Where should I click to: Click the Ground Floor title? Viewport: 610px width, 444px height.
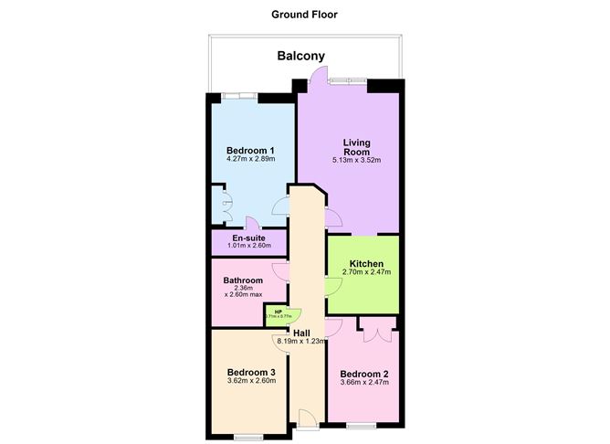coord(304,14)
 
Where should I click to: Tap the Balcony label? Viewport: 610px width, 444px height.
coord(301,57)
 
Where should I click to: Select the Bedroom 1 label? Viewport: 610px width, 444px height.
coord(251,151)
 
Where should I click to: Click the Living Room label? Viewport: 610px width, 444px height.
coord(356,147)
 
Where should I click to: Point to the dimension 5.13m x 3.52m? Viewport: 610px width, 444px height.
coord(356,161)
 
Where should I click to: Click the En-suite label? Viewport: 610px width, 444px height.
coord(248,238)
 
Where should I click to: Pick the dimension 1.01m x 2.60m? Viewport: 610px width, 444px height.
coord(248,246)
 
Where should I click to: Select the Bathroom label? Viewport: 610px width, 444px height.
coord(244,280)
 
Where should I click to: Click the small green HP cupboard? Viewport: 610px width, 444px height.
coord(276,314)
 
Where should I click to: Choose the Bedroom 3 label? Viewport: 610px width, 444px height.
coord(251,373)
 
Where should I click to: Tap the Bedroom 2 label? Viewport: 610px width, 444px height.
coord(364,374)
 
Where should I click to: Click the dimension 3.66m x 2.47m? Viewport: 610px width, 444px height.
coord(364,383)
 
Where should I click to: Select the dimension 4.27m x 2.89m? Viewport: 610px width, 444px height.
coord(251,160)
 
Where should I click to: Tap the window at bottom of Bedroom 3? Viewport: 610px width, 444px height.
coord(248,437)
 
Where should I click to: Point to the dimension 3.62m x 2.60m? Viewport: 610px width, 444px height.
coord(251,383)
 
